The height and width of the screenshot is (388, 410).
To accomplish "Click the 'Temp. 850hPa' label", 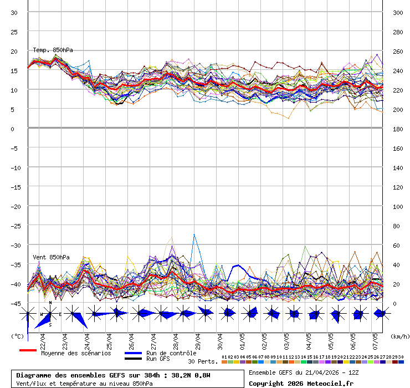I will [53, 50].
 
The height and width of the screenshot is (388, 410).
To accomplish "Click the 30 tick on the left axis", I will [14, 13].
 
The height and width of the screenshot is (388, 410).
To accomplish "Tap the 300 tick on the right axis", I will [398, 13].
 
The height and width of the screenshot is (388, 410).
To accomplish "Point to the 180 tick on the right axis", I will [398, 129].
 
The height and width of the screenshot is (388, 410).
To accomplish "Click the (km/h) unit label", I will [399, 336].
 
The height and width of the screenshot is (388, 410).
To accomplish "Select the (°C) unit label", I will [17, 336].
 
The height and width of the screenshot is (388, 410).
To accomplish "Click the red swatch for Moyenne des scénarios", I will [28, 350].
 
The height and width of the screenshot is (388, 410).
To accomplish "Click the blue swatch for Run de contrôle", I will [133, 353].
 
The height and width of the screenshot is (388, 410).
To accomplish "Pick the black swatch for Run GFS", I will [133, 359].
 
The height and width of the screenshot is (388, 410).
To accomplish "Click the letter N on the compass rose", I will [50, 303].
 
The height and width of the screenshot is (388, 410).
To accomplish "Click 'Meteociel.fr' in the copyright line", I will [332, 384].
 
